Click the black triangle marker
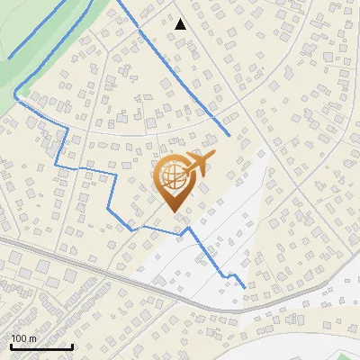181,24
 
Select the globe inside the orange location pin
171,177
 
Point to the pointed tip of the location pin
172,211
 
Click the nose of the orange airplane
214,156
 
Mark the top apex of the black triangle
181,19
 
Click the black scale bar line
41,346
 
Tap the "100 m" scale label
23,338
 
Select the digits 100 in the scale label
19,338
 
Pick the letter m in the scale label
32,338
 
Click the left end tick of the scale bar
11,345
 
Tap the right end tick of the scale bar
72,345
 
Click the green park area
36,36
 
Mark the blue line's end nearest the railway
244,287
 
